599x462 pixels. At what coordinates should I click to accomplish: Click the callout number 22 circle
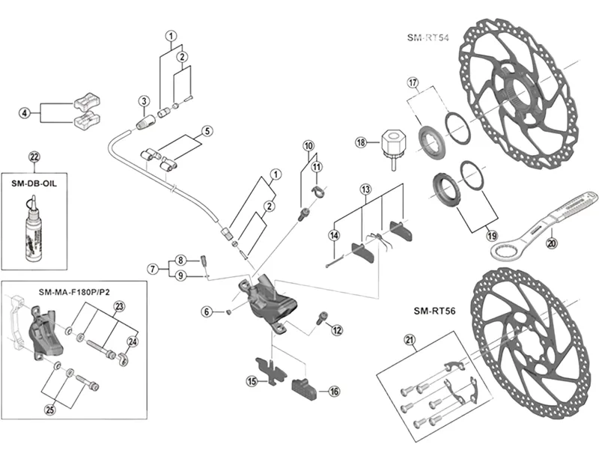pyautogui.click(x=33, y=156)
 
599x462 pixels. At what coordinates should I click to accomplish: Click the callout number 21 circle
pyautogui.click(x=409, y=341)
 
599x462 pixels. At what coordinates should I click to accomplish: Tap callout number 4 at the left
pyautogui.click(x=24, y=113)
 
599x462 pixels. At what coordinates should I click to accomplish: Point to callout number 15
pyautogui.click(x=252, y=381)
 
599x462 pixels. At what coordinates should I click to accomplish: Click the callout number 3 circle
pyautogui.click(x=142, y=101)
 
